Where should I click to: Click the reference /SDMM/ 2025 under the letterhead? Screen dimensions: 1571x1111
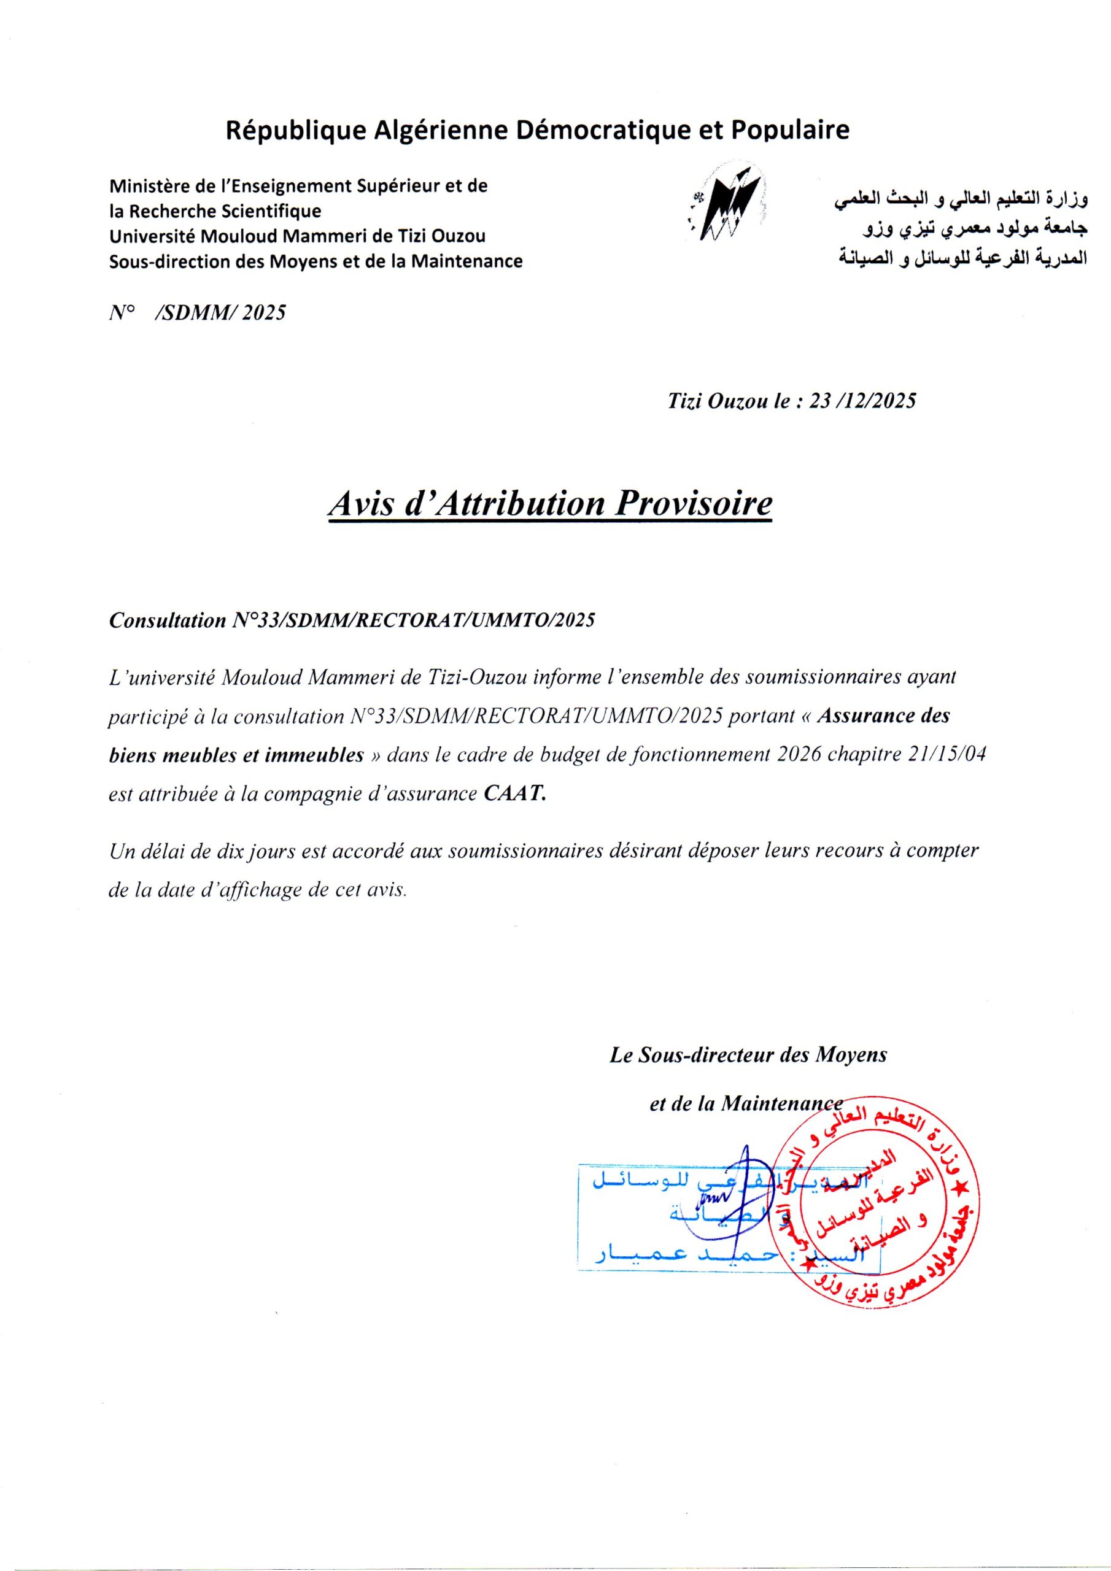[x=220, y=313]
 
